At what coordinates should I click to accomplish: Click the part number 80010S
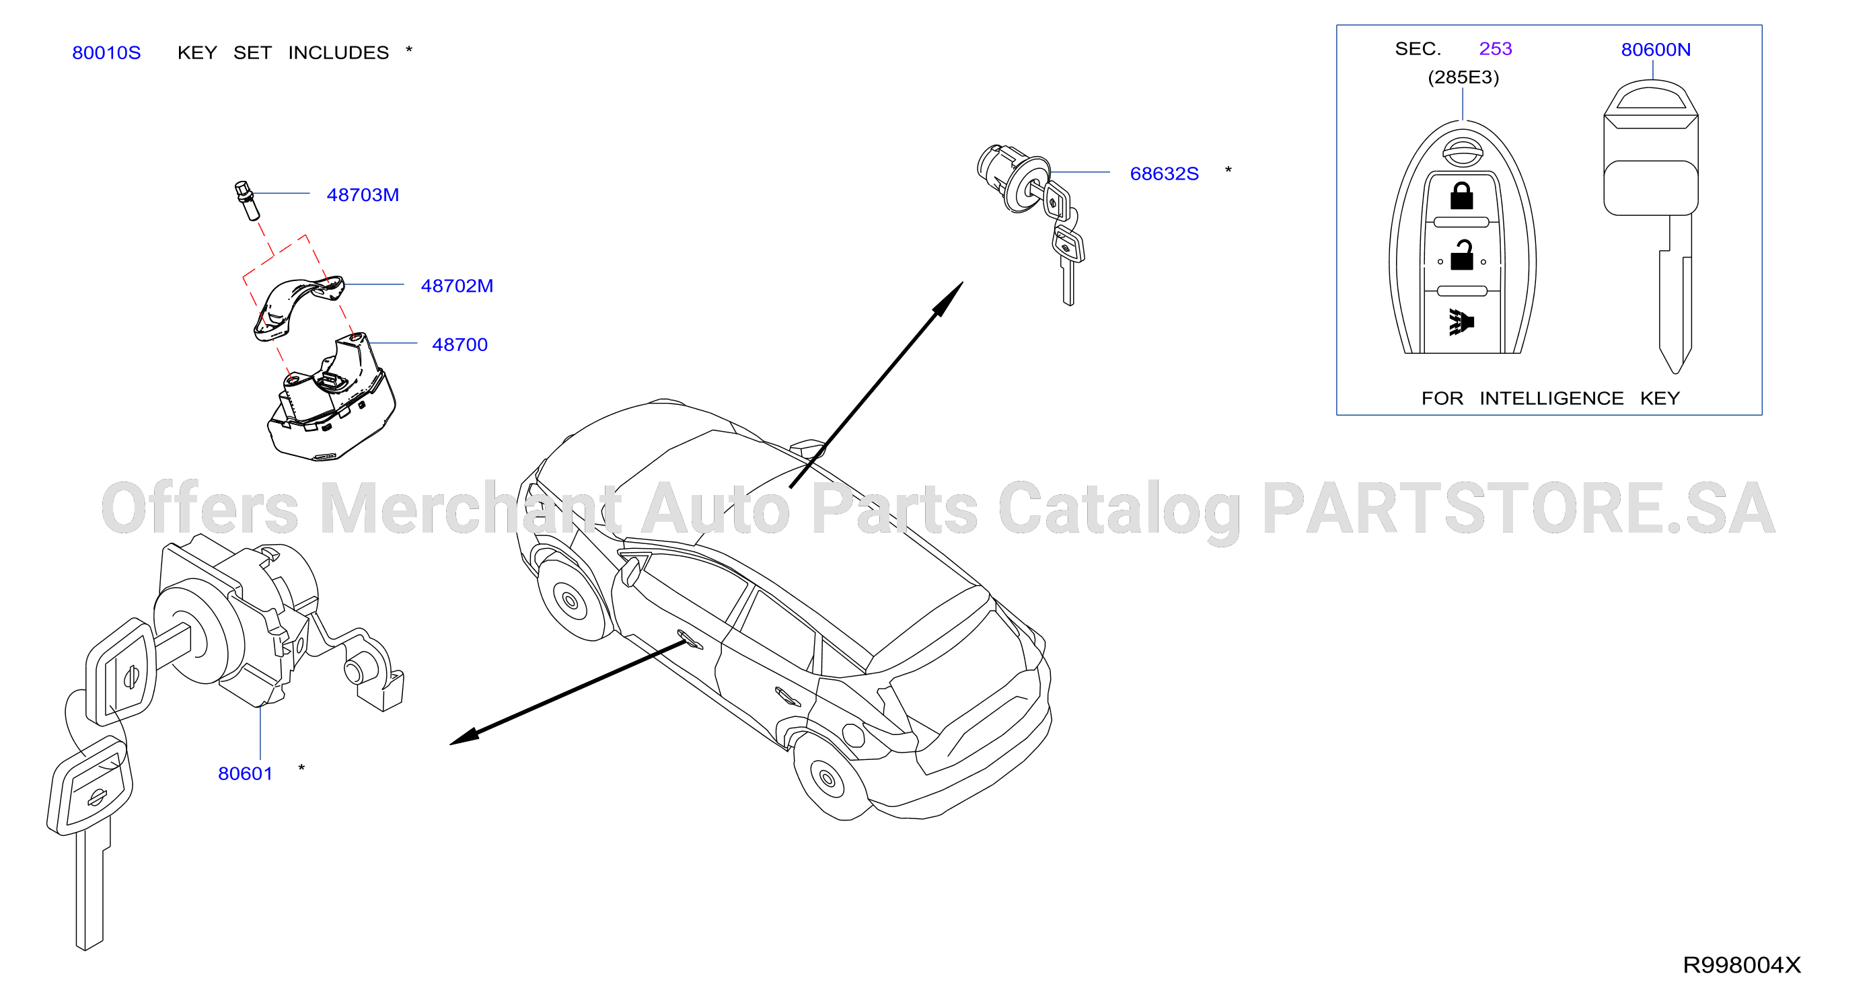(106, 52)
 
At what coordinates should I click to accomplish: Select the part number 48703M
(363, 195)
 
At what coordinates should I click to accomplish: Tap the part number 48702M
(457, 286)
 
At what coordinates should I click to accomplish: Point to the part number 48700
(460, 344)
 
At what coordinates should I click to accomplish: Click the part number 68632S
(1164, 174)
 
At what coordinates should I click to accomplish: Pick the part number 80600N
(1656, 49)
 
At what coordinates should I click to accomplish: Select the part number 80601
(245, 773)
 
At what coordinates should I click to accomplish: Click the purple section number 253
(1495, 48)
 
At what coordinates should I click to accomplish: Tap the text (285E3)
(1463, 77)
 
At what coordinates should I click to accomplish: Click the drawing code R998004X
(1741, 964)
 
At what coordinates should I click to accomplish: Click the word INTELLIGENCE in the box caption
(1551, 398)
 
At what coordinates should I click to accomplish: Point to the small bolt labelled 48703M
(247, 200)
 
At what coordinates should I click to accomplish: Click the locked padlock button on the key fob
(1461, 196)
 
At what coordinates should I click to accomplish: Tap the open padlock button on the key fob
(1461, 255)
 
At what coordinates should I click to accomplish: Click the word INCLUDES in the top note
(338, 52)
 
